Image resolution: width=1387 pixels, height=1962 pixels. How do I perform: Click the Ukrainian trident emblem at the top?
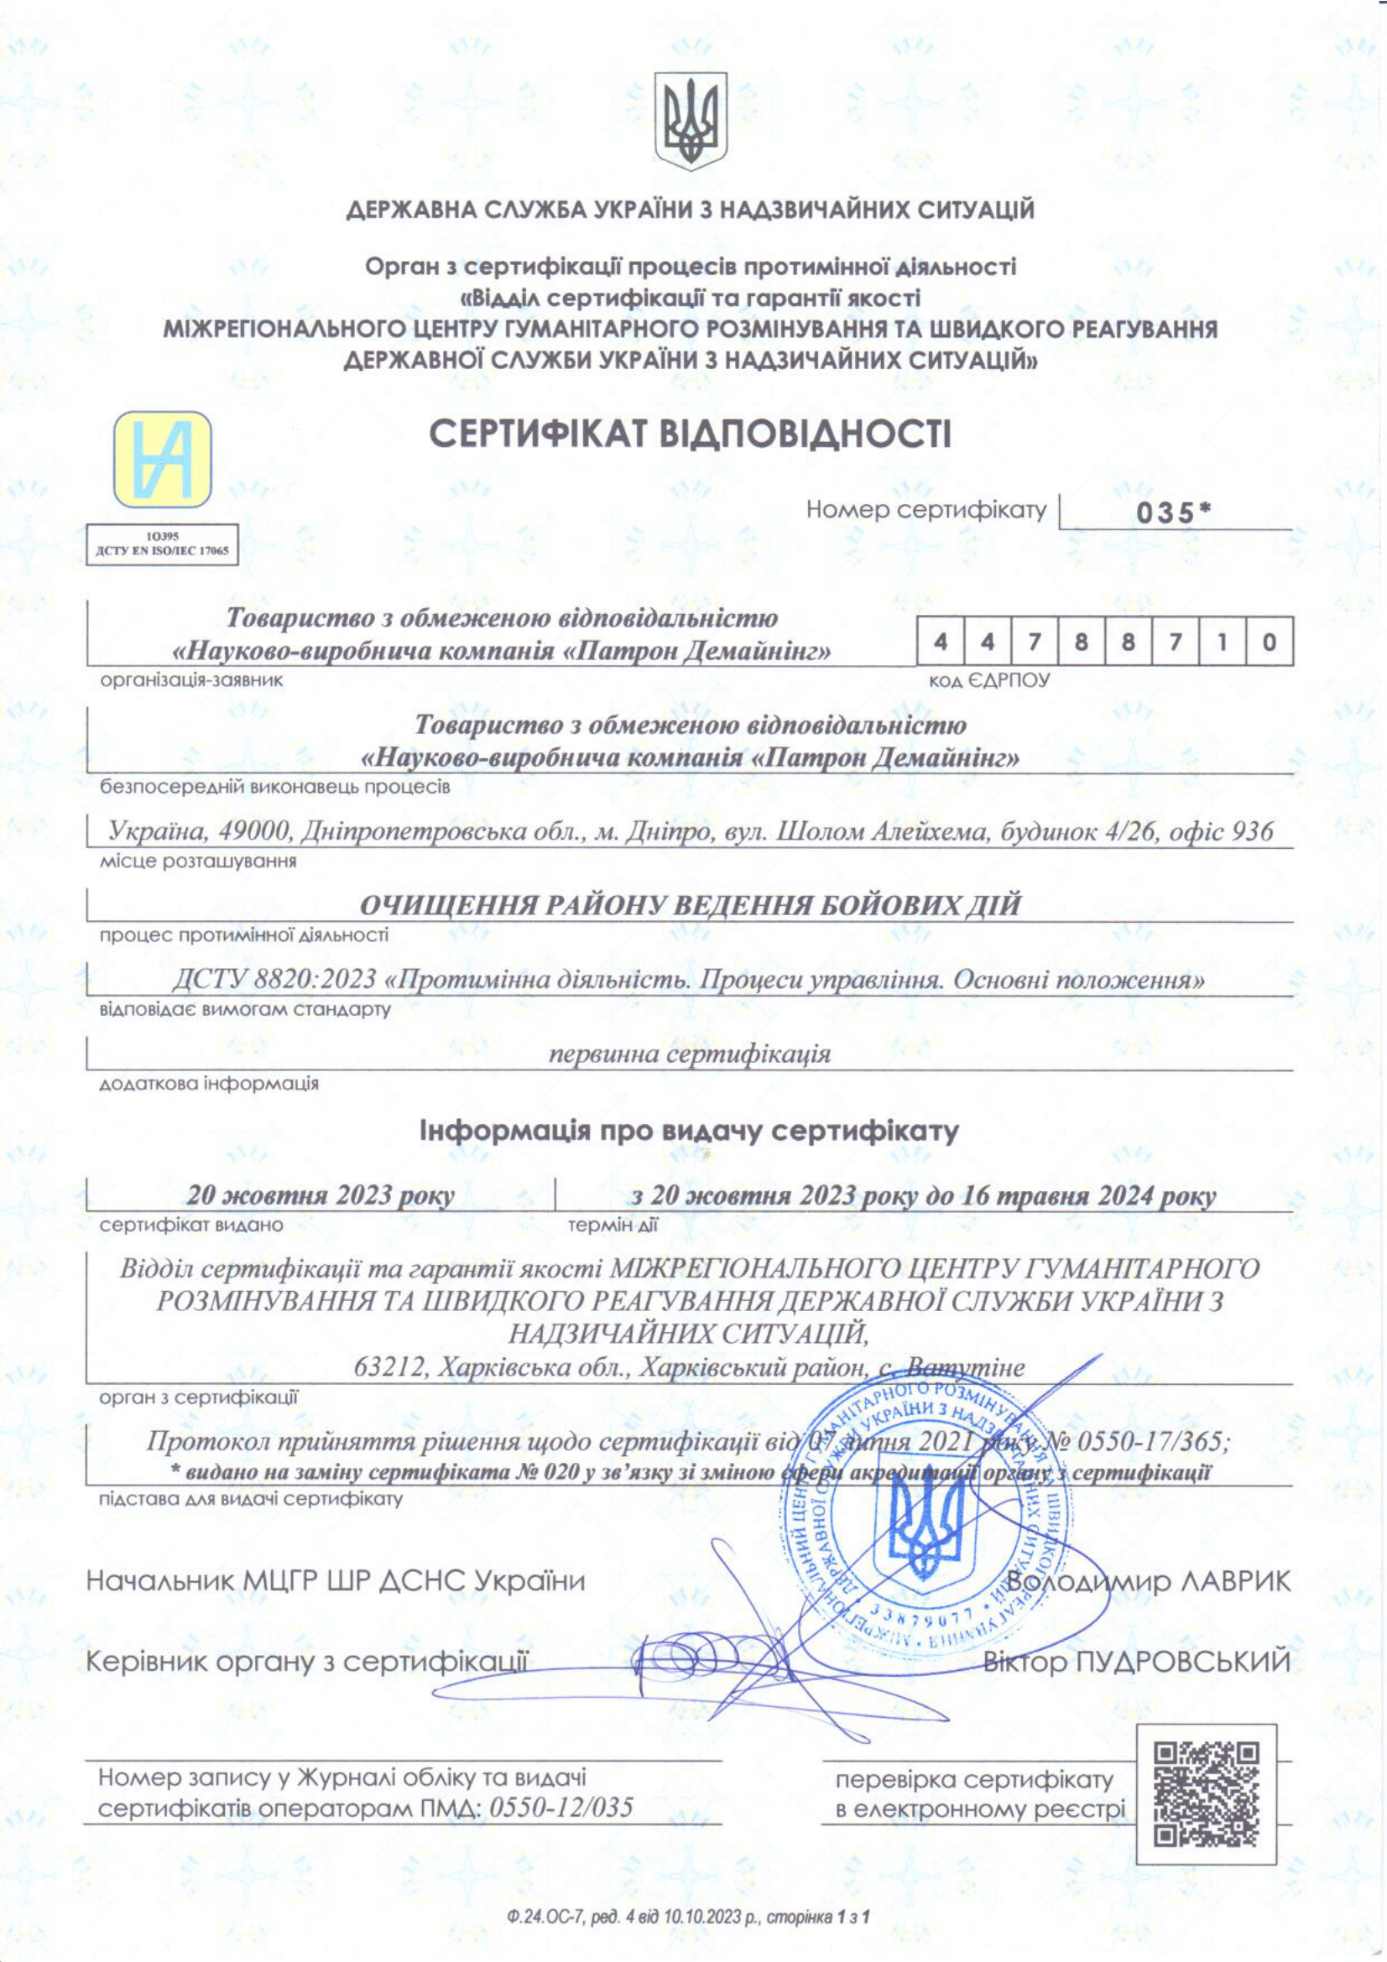(x=691, y=121)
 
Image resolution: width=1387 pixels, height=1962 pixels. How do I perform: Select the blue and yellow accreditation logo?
(x=163, y=459)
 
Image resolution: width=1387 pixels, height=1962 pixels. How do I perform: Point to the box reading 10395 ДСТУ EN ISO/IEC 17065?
(x=163, y=544)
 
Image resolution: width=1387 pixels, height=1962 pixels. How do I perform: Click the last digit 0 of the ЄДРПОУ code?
(x=1268, y=641)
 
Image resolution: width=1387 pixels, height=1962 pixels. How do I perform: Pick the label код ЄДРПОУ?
(x=988, y=681)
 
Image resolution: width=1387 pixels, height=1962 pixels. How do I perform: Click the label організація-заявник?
(x=191, y=680)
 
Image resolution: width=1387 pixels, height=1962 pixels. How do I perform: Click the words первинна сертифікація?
(x=689, y=1053)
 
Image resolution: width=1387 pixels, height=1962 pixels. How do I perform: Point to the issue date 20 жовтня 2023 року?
(x=321, y=1194)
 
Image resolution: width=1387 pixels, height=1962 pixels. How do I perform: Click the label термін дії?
(x=613, y=1226)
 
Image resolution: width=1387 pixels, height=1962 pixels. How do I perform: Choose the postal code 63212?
(x=388, y=1367)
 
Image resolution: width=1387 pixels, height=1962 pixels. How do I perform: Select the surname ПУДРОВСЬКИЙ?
(x=1182, y=1661)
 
